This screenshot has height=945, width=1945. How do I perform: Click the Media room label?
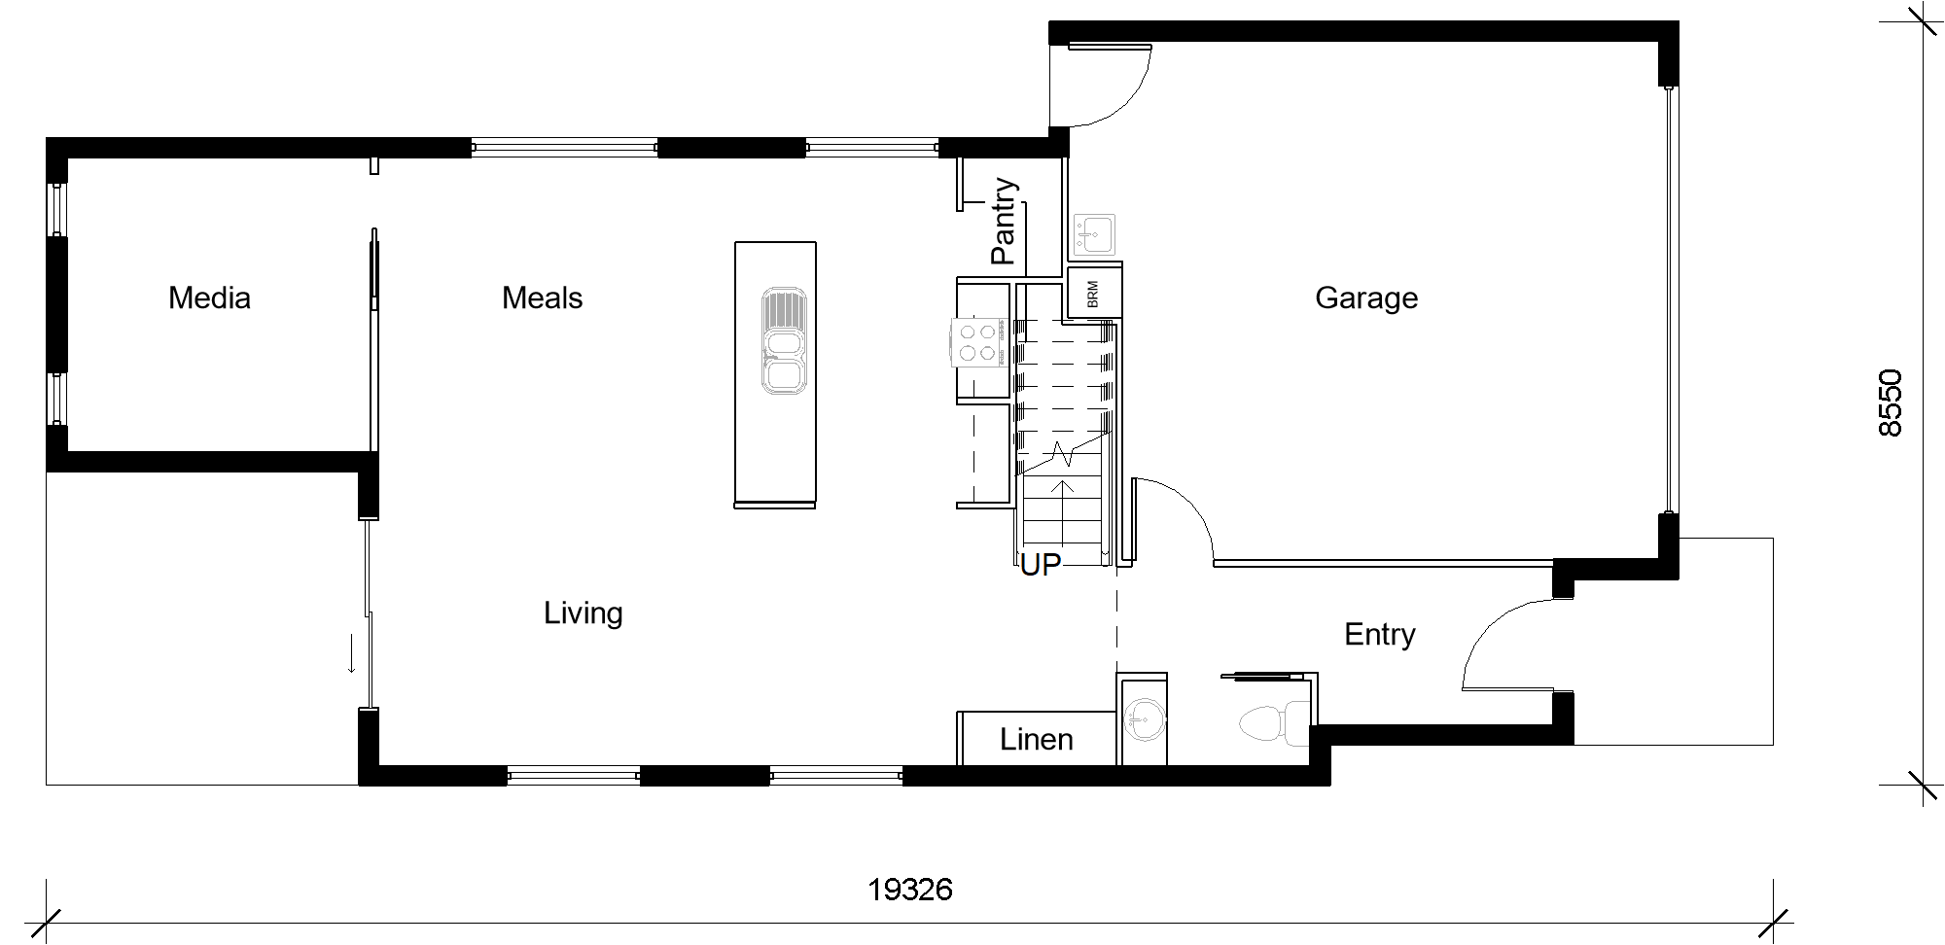(x=209, y=297)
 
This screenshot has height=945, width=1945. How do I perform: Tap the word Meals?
(x=542, y=297)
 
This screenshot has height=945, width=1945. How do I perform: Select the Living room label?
(x=583, y=613)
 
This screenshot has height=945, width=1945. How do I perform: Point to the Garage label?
(x=1366, y=298)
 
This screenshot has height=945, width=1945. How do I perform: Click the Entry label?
(x=1379, y=635)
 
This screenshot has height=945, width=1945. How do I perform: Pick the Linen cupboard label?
(x=1037, y=740)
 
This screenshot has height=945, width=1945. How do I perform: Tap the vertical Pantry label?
(x=1003, y=222)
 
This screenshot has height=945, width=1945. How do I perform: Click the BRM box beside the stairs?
(x=1095, y=293)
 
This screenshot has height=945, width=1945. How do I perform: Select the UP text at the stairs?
(x=1040, y=564)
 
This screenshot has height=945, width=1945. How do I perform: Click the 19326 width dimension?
(x=910, y=890)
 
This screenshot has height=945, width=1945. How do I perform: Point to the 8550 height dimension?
(x=1890, y=402)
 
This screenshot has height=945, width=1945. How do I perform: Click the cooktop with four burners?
(x=976, y=343)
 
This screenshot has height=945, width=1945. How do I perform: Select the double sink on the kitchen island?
(x=784, y=340)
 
